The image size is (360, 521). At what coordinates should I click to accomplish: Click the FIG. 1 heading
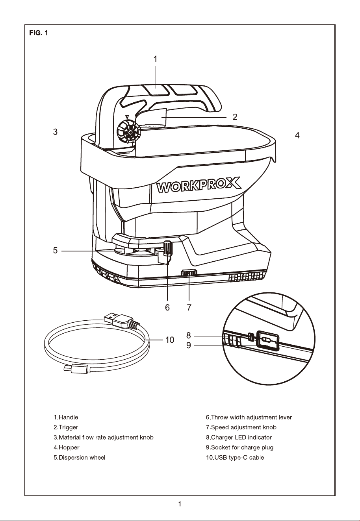click(39, 33)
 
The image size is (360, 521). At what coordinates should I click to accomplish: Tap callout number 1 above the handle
click(155, 59)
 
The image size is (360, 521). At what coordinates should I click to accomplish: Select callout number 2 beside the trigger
click(235, 117)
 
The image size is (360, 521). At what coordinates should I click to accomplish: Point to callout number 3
click(55, 132)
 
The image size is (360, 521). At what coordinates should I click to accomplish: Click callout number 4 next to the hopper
click(297, 135)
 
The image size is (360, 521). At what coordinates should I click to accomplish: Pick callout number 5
click(55, 251)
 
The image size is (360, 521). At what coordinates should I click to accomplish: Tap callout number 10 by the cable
click(170, 340)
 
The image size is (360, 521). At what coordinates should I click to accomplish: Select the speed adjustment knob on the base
click(189, 273)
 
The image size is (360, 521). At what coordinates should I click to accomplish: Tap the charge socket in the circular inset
click(267, 340)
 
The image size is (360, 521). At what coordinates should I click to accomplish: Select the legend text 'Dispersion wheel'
click(82, 458)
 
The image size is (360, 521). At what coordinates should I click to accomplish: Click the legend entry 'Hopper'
click(69, 447)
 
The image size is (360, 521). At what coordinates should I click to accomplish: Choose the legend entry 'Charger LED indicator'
click(241, 437)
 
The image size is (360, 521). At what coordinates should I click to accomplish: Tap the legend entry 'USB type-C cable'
click(239, 458)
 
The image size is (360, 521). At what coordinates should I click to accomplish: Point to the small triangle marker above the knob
click(127, 117)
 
